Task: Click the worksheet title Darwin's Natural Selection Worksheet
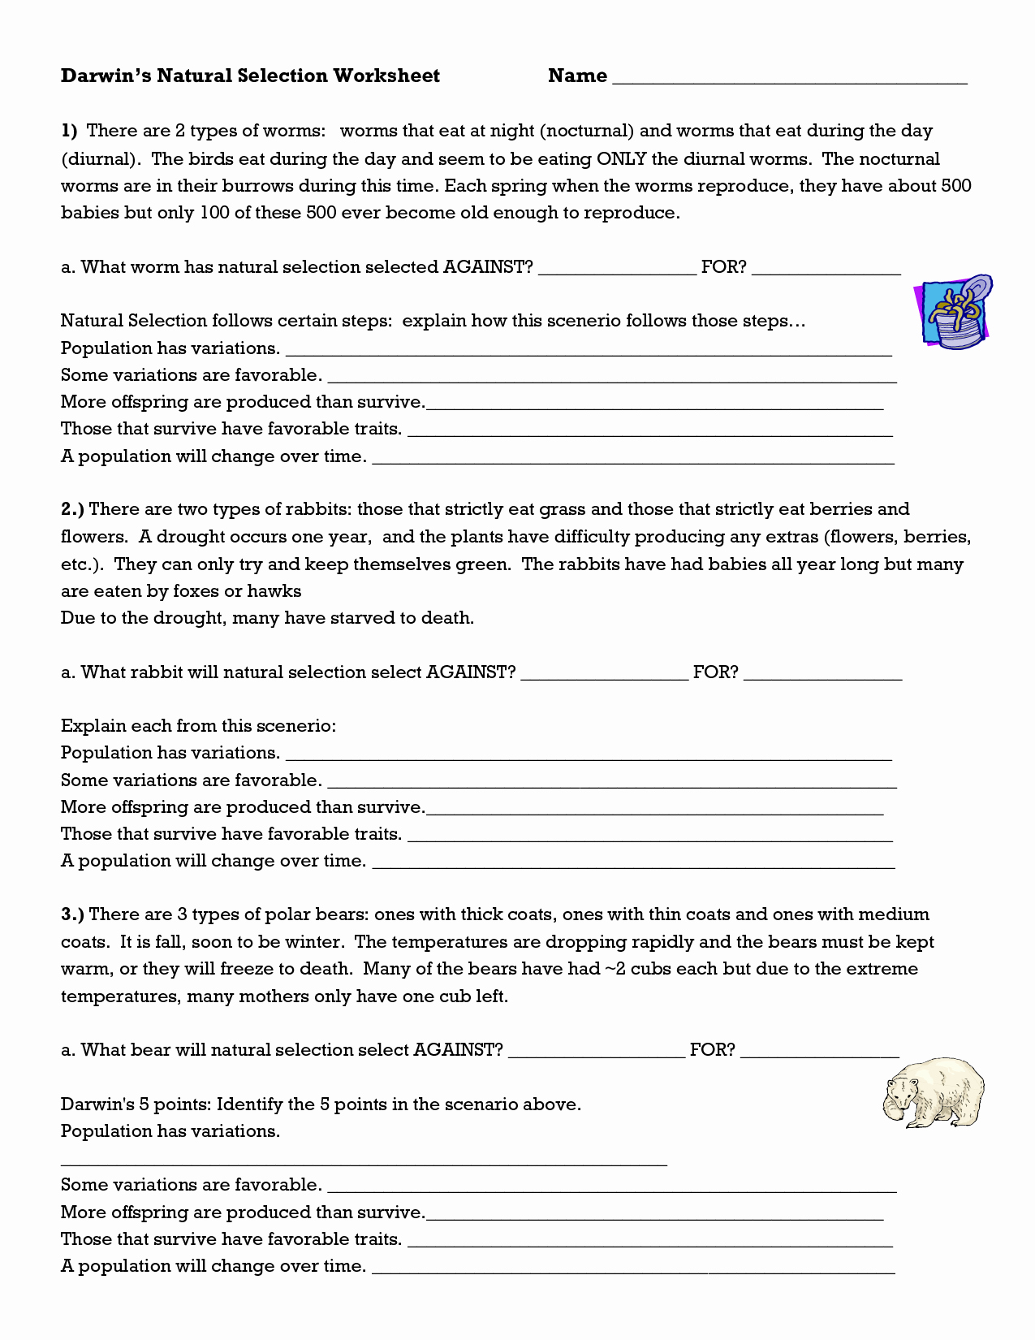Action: click(250, 76)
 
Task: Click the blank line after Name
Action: click(789, 78)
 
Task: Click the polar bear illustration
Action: click(934, 1092)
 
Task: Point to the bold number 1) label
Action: click(69, 131)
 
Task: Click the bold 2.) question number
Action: click(72, 509)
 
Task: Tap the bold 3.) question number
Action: click(72, 914)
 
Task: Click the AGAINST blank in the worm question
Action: click(617, 269)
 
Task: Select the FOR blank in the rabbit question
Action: click(822, 674)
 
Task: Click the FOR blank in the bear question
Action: click(819, 1052)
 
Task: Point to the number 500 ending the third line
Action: click(955, 185)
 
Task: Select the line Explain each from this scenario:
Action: click(198, 726)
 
